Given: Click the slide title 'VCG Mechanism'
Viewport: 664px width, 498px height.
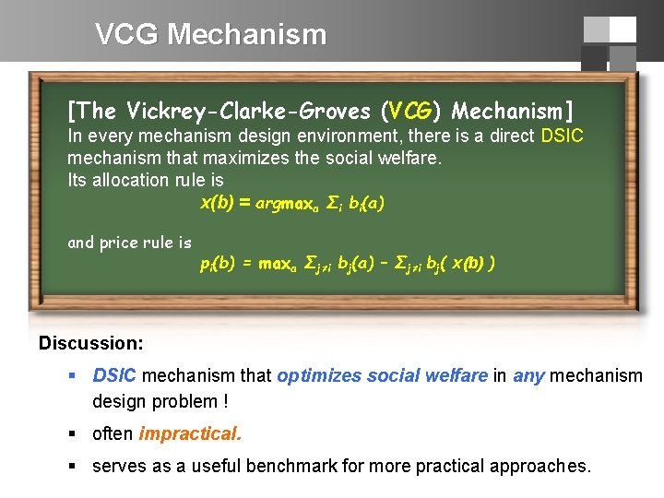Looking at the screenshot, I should (210, 35).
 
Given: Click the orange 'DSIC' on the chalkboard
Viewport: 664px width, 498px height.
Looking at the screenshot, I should (562, 136).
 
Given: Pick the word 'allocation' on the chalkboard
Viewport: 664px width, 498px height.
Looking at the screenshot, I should (137, 180).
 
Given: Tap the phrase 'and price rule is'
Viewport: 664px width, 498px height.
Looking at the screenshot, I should (129, 243).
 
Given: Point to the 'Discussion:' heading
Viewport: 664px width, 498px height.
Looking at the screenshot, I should (90, 343).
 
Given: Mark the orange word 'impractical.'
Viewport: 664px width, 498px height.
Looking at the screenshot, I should (190, 434).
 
